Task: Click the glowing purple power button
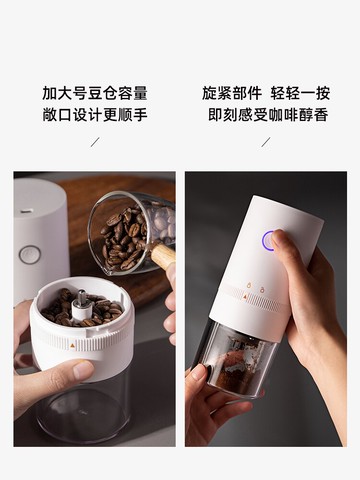point(268,241)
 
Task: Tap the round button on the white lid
point(31,255)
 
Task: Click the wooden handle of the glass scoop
point(161,256)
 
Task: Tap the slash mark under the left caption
point(95,141)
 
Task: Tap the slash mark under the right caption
point(265,141)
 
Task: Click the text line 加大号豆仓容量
point(95,93)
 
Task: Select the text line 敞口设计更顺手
point(95,114)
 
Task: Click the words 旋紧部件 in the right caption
point(231,93)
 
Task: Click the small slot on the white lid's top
point(27,210)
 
